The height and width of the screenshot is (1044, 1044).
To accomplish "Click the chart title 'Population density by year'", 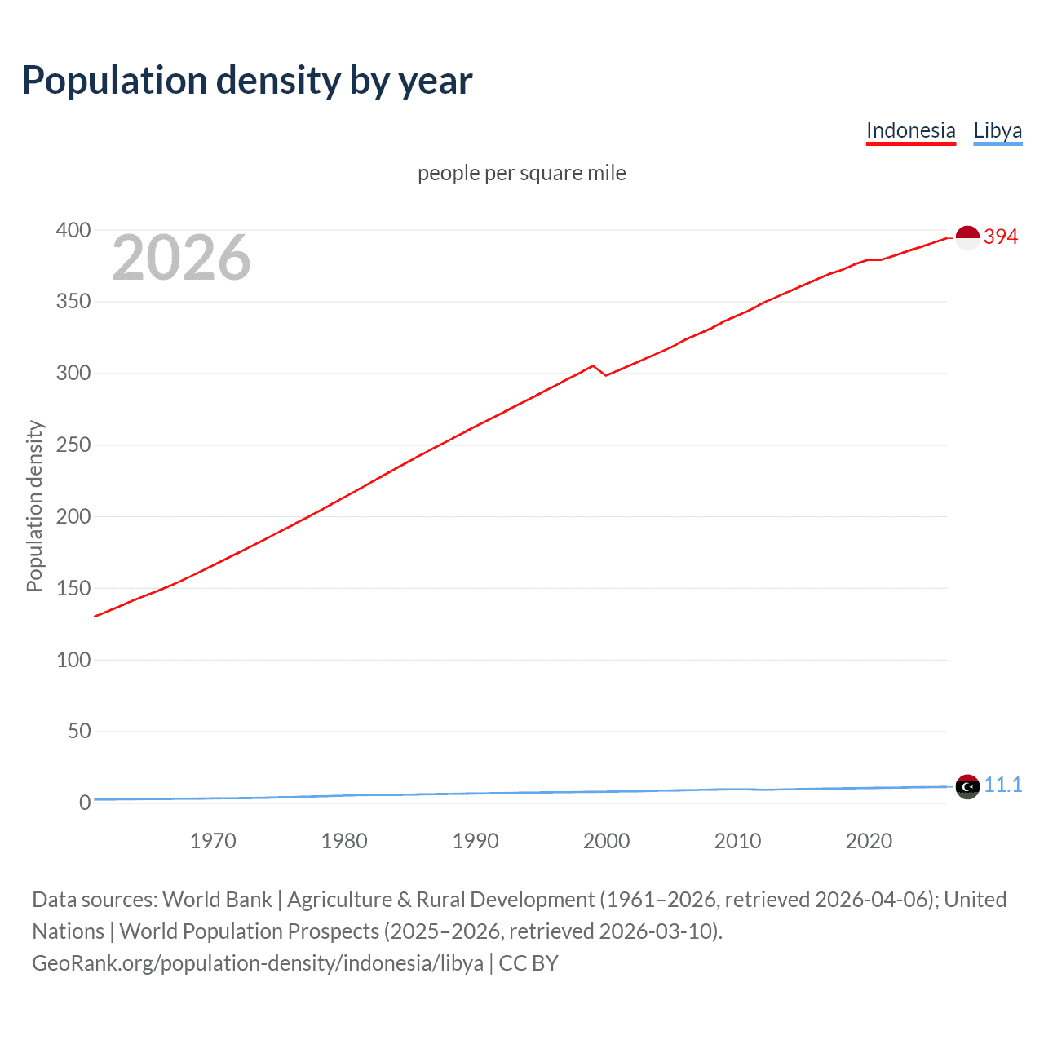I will click(247, 81).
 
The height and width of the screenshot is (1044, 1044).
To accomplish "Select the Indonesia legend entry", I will click(910, 130).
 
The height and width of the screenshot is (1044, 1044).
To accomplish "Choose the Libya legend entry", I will click(998, 130).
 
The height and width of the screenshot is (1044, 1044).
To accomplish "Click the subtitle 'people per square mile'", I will click(521, 173).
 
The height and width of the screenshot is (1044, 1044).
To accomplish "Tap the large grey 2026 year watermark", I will click(181, 258).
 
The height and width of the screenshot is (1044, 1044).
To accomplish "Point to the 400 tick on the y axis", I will click(73, 230).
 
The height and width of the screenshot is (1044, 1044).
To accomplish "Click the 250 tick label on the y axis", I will click(73, 445).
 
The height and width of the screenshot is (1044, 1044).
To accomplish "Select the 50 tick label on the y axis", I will click(79, 731).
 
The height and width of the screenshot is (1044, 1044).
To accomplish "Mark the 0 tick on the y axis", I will click(85, 803).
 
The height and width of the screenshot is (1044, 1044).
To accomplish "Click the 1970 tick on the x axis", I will click(213, 841).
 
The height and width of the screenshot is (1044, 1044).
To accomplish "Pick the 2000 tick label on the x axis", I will click(606, 841).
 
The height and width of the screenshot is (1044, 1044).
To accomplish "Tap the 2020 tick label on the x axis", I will click(869, 841).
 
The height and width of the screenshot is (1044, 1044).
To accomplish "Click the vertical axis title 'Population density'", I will click(34, 506).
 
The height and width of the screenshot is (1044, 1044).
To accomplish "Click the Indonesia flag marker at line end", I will click(967, 237).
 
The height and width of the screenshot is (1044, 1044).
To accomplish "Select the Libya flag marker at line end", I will click(967, 787).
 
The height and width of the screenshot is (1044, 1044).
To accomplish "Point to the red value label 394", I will click(1001, 237).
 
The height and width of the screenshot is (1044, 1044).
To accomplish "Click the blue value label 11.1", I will click(1002, 785).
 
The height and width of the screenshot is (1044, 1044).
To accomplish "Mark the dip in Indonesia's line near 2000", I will click(606, 375).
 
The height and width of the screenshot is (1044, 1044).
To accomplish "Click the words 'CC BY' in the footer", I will click(529, 963).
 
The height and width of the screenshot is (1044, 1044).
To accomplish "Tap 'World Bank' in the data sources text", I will click(217, 900).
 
